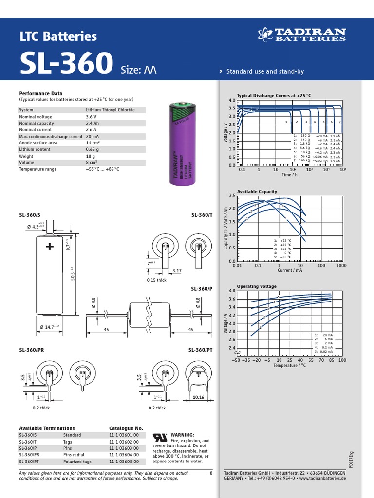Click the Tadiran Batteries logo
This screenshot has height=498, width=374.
tap(301, 35)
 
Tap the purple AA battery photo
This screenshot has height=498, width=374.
tap(181, 143)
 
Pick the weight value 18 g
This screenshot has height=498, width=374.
tap(91, 156)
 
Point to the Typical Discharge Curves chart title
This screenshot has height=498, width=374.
tap(273, 96)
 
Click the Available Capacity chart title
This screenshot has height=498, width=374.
tap(257, 192)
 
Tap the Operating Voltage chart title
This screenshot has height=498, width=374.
tap(257, 286)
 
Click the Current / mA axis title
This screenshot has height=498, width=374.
tap(289, 270)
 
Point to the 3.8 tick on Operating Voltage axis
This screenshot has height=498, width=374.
tap(231, 291)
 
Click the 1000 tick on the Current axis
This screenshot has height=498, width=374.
tap(340, 266)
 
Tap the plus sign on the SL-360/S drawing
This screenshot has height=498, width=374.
tap(50, 247)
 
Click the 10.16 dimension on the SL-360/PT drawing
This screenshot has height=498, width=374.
tap(199, 397)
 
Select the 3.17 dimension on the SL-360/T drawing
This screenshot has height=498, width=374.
tap(176, 270)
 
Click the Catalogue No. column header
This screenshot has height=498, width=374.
tap(126, 428)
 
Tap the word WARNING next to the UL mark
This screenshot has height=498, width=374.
tap(182, 435)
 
